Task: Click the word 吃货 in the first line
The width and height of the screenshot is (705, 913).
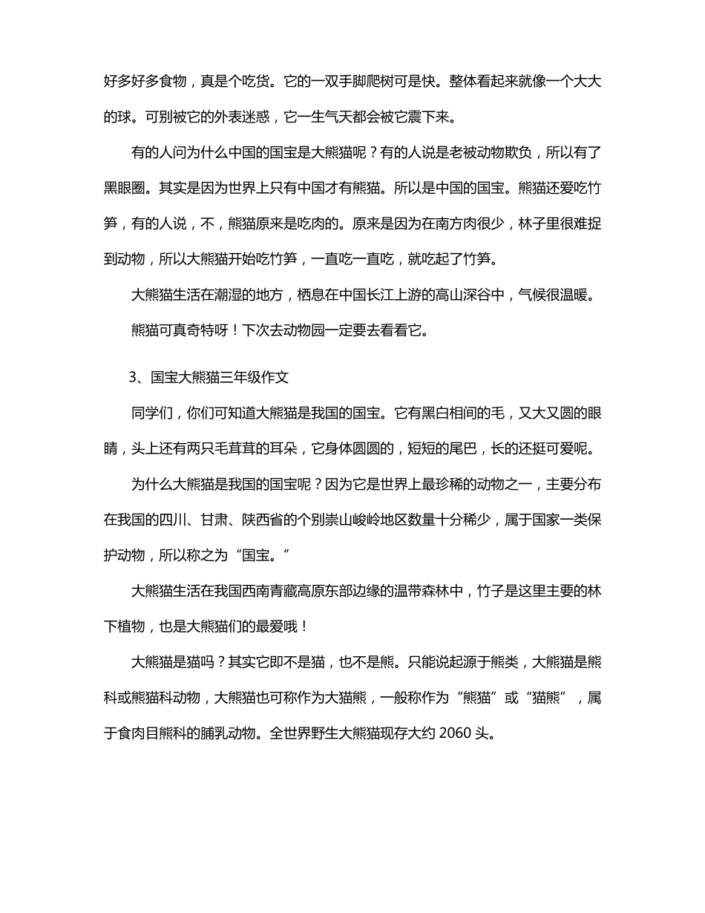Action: click(249, 81)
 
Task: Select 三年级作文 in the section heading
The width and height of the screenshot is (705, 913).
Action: click(255, 377)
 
